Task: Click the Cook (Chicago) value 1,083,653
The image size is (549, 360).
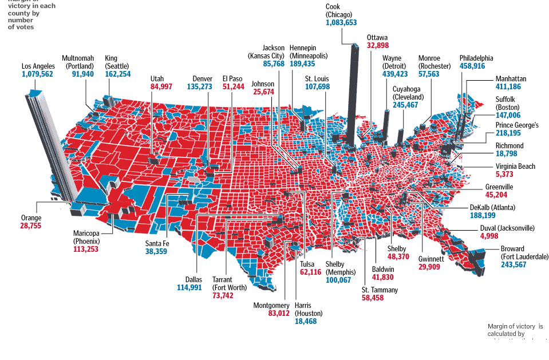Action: coord(341,22)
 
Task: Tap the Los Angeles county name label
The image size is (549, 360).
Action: coord(38,66)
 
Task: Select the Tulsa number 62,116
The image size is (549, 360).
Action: coord(310,272)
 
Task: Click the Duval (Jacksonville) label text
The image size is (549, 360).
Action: coord(507,228)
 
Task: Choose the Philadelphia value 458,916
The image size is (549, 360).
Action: coord(476,66)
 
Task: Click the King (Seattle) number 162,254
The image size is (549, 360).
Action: coord(117,74)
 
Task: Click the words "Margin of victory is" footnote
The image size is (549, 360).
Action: coord(515,326)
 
